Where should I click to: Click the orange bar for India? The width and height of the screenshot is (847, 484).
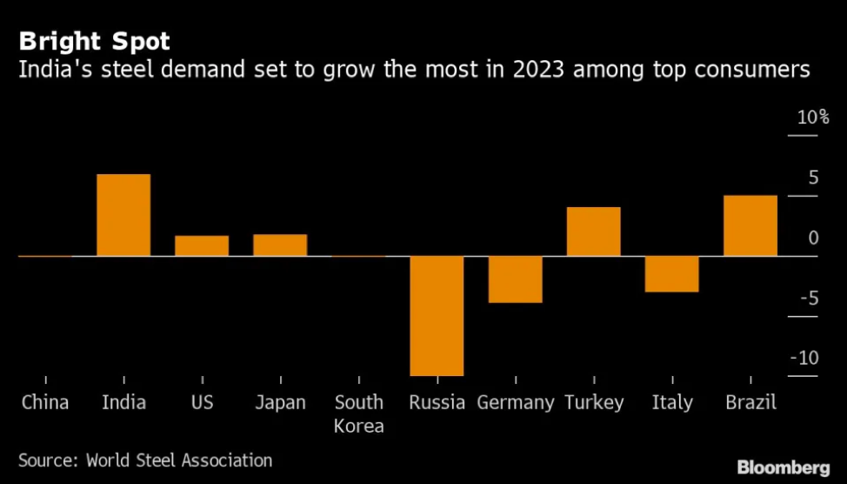point(123,215)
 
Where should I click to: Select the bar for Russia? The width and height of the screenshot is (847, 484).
point(437,315)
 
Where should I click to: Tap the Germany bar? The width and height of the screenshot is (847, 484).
point(516,279)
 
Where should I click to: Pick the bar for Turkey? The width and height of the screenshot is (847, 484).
point(594,232)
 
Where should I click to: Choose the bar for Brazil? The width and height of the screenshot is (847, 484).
point(750,225)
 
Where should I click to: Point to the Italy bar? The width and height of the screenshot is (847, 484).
point(672,274)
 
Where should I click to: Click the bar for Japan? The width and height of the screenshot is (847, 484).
point(280,245)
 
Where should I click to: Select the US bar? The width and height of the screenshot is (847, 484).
point(202,245)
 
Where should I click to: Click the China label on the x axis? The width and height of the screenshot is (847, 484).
point(44,402)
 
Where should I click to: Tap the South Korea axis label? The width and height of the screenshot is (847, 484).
point(358,413)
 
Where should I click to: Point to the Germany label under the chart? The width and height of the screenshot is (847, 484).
point(516,402)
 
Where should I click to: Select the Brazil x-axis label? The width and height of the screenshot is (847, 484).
point(750,402)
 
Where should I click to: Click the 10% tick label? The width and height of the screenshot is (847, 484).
point(813,118)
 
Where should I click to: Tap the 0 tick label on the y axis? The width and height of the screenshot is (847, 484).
point(813,238)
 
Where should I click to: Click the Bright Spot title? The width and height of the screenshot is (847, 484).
point(95,40)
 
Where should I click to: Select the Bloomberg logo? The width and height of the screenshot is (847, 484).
point(784,468)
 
